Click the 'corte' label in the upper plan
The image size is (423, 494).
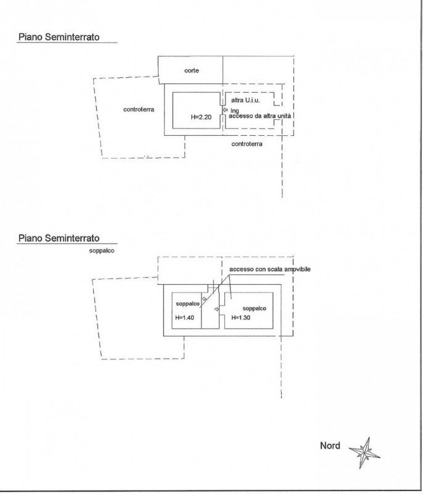coord(191,70)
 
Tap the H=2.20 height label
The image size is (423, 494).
coord(201,117)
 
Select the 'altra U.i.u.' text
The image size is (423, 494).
coord(245,100)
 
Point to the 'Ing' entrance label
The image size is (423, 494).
coord(234,111)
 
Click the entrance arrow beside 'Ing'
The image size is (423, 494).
coord(225,111)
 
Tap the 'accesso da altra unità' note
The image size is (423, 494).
coord(260,116)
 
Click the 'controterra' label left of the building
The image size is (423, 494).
coord(139,109)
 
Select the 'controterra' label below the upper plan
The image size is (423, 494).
coord(247,144)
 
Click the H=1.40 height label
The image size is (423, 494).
coord(184,317)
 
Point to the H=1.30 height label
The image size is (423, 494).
coord(241,317)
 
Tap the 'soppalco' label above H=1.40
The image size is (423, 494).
coord(187,304)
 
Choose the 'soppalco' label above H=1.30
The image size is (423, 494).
coord(255,308)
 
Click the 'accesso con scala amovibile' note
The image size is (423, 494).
coord(270,269)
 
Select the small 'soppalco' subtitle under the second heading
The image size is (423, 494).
coord(102,251)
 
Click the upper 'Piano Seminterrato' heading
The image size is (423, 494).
coord(59,37)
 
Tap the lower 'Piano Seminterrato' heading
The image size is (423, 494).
coord(59,238)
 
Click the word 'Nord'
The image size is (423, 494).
coord(330,445)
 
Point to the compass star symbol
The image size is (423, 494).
coord(365,453)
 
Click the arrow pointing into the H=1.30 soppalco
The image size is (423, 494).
coord(216,309)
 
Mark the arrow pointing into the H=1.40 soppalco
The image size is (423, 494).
coord(204,299)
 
